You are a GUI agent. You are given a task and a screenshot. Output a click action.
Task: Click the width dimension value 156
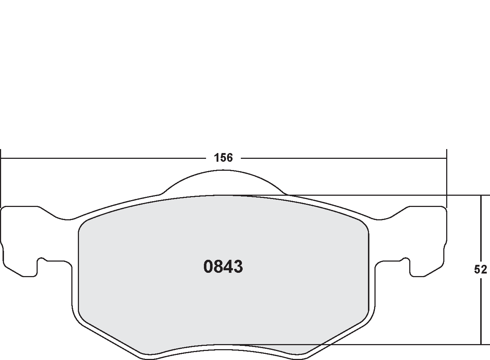coord(223,158)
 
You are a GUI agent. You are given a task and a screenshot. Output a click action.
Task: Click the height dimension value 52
coord(480,270)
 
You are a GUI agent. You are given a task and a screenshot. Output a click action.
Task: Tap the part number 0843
coord(223,267)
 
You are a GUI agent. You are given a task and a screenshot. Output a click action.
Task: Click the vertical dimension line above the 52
coord(481,228)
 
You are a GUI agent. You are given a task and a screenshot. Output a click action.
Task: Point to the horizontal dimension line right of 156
coord(344,158)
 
